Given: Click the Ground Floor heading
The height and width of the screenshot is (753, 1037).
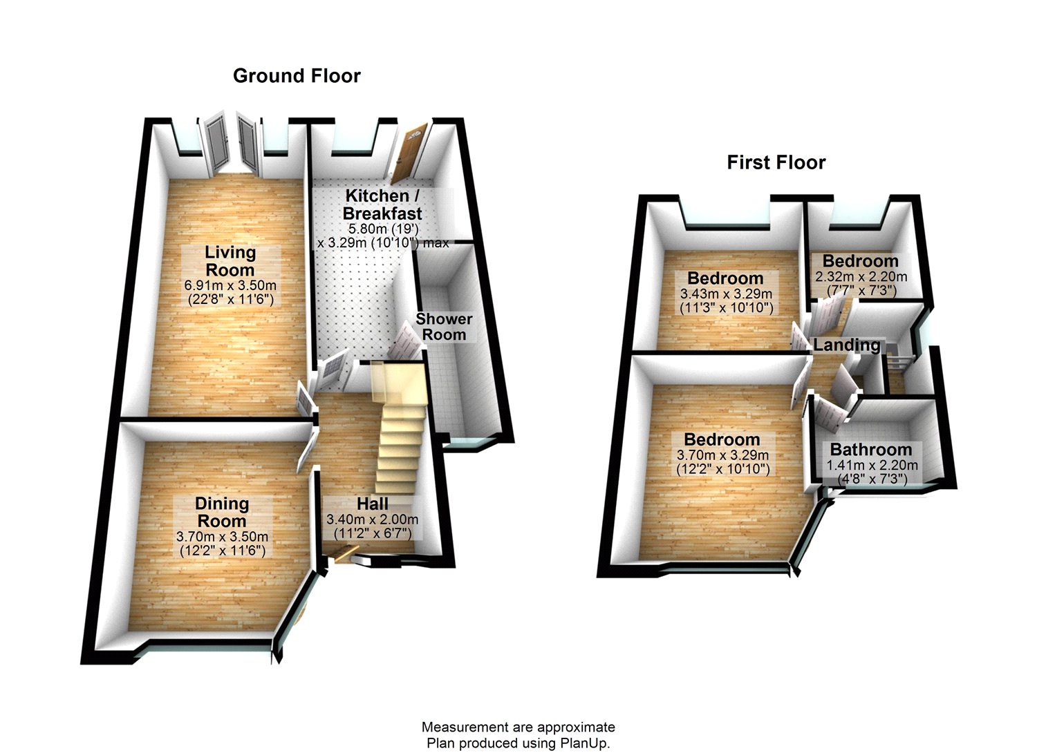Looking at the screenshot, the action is [x=297, y=75].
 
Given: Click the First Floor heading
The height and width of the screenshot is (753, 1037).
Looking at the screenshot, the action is [x=776, y=162].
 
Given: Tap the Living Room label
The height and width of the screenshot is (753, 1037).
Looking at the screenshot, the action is [x=230, y=261].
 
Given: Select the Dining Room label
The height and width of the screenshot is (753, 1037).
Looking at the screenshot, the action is [x=221, y=513].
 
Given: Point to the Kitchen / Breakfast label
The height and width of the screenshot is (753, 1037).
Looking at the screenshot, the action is [x=382, y=204].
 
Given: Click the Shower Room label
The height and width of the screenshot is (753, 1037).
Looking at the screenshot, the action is [x=444, y=327].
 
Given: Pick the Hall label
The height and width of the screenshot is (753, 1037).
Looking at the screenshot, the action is [x=372, y=504].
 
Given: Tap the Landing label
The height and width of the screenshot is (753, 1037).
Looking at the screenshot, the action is [x=847, y=344].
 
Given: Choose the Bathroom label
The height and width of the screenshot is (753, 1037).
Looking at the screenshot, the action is [x=871, y=450].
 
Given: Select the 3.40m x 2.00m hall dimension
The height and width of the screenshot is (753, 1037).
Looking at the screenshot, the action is [x=372, y=520].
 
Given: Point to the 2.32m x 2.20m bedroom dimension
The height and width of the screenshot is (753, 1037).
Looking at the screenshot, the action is [x=861, y=276].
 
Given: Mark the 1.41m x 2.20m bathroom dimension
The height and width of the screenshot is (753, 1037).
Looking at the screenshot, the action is [x=872, y=465].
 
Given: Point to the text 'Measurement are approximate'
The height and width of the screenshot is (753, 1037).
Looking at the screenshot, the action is [x=518, y=727].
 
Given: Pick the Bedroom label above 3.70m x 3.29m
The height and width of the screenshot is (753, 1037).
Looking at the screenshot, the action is [x=722, y=439].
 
